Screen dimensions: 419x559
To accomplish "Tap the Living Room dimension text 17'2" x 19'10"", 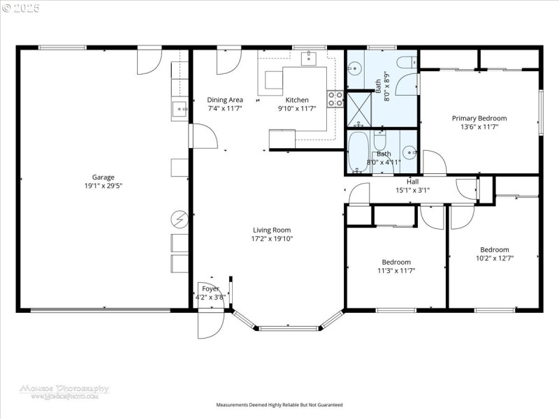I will point(272,239).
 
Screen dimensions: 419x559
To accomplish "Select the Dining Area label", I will point(225,100).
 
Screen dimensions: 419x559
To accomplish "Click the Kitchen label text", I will point(297,100).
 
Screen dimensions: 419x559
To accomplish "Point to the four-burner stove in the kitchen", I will point(335,98).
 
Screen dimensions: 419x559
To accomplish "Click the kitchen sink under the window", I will point(309,59).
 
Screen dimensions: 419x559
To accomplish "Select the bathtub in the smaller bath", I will point(359,152).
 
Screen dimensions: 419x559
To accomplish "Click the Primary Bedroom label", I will point(479,118).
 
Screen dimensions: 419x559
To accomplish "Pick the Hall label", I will point(413,182).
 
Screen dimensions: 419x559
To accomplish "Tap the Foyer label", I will point(210,288).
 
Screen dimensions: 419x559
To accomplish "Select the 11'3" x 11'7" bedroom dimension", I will point(396,270).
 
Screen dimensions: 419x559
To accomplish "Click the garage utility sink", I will point(180,109).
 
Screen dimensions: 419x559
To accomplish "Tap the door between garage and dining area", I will point(199,135).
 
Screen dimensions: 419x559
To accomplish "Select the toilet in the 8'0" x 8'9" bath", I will point(406,63).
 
